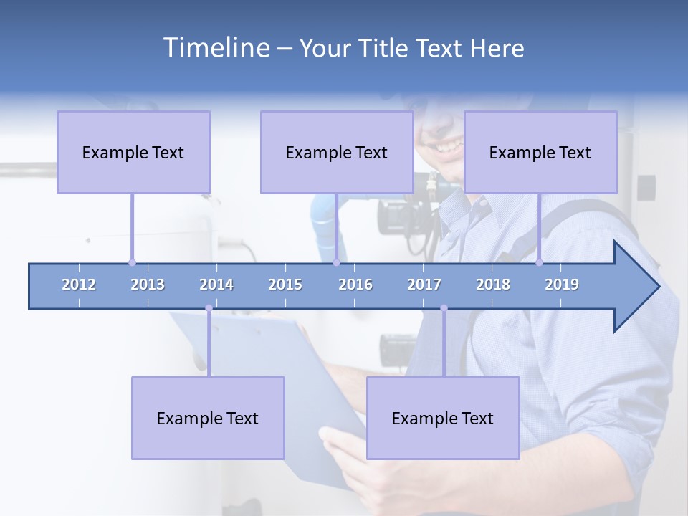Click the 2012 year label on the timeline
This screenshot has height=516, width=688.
tap(79, 285)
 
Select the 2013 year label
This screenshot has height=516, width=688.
tap(148, 285)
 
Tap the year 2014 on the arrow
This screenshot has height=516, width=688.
tap(216, 285)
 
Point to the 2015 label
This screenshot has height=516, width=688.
tap(285, 285)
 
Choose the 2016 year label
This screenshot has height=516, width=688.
tap(355, 285)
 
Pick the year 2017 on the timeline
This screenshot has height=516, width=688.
tap(424, 285)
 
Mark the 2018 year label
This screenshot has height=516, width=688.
tap(493, 285)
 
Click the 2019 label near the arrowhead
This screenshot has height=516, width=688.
tap(562, 285)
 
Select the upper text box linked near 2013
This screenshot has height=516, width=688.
tap(133, 152)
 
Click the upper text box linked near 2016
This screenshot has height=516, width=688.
tap(337, 152)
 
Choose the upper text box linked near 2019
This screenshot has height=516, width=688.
tap(540, 152)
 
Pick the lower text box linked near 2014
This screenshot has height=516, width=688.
tap(208, 418)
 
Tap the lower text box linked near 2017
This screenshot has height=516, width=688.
tap(443, 418)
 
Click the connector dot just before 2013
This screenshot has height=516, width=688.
tap(132, 262)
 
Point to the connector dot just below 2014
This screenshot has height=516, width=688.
tap(209, 308)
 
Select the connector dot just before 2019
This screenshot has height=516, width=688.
tap(539, 262)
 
